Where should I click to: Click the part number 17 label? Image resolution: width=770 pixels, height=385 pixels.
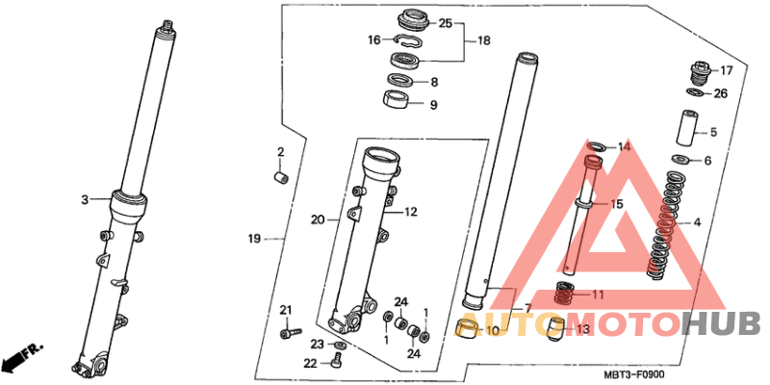click(x=726, y=71)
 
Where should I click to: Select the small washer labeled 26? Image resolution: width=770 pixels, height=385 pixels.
click(x=694, y=91)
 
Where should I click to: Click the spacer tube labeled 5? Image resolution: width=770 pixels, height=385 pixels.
click(x=688, y=128)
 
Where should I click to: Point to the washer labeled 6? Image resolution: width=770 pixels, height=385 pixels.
click(x=680, y=159)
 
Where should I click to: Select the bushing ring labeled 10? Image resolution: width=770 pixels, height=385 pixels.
click(x=468, y=327)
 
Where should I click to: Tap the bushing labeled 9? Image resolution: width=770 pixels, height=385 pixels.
click(x=396, y=99)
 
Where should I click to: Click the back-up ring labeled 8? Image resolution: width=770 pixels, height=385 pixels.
click(x=399, y=79)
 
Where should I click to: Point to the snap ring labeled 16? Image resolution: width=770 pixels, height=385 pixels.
click(x=407, y=41)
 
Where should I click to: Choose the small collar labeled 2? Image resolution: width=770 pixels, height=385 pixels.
click(x=281, y=177)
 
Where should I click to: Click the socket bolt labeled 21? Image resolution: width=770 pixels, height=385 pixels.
click(x=291, y=332)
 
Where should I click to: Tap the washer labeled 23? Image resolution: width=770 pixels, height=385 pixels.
click(x=340, y=345)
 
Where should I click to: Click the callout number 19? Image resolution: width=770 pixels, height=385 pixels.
click(x=253, y=239)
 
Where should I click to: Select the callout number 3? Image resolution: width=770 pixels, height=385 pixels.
click(x=85, y=199)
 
